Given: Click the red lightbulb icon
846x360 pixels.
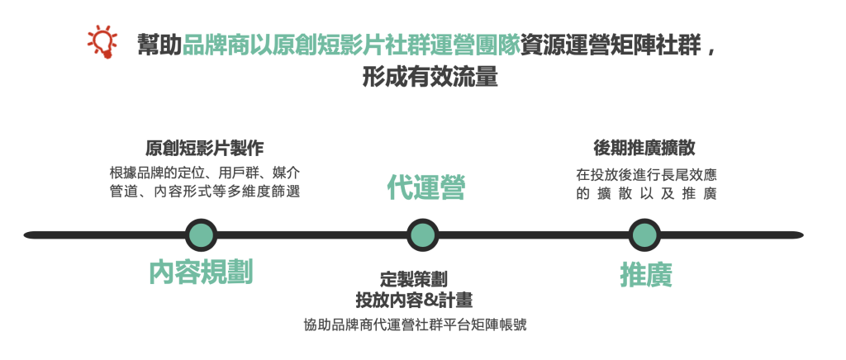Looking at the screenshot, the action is pyautogui.click(x=102, y=42).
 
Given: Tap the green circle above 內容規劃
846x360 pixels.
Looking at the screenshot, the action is pyautogui.click(x=201, y=235).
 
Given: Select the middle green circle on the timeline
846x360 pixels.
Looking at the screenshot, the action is pyautogui.click(x=422, y=235).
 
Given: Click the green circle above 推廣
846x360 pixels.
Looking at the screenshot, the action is pyautogui.click(x=644, y=235).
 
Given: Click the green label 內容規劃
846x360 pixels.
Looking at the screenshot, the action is pyautogui.click(x=201, y=272).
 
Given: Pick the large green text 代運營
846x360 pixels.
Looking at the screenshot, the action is pyautogui.click(x=426, y=188).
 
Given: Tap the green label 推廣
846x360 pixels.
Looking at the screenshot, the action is pyautogui.click(x=646, y=276).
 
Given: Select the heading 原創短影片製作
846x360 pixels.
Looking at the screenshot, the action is pyautogui.click(x=205, y=148).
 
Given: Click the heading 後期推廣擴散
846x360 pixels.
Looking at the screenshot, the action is pyautogui.click(x=644, y=148).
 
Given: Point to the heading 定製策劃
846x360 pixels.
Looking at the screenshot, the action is pyautogui.click(x=414, y=280).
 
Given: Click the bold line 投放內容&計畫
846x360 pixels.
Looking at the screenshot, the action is pyautogui.click(x=414, y=301).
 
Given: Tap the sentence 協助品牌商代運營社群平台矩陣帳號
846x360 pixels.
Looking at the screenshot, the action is pyautogui.click(x=415, y=325).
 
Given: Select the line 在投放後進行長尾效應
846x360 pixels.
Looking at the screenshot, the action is pyautogui.click(x=646, y=175).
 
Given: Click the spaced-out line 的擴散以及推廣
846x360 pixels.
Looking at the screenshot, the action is pyautogui.click(x=646, y=193).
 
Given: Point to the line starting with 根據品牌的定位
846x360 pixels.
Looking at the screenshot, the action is pyautogui.click(x=205, y=173).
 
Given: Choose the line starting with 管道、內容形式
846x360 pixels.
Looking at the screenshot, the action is pyautogui.click(x=205, y=192).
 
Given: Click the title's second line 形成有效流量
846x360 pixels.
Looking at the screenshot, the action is pyautogui.click(x=430, y=78).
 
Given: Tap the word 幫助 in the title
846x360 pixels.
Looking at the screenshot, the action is pyautogui.click(x=159, y=45).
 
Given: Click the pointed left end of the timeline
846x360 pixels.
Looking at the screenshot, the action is pyautogui.click(x=25, y=235).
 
